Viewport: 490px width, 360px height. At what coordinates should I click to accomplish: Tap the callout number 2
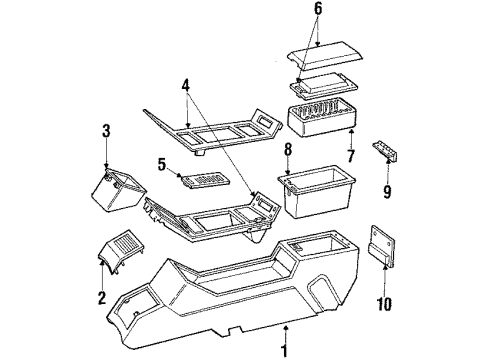pos(100,297)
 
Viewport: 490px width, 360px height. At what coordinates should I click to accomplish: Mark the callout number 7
pos(350,158)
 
